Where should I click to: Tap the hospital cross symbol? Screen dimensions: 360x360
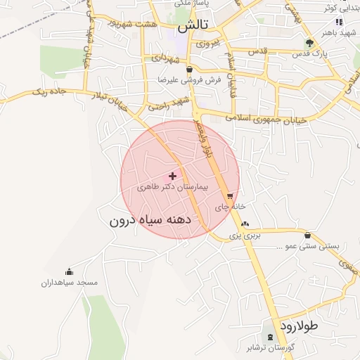pyautogui.click(x=173, y=175)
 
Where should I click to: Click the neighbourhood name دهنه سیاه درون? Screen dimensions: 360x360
pyautogui.click(x=160, y=220)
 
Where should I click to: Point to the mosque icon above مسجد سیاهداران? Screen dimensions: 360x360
pyautogui.click(x=69, y=272)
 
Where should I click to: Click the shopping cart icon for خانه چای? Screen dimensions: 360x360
pyautogui.click(x=230, y=196)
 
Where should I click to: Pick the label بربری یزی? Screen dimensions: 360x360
pyautogui.click(x=247, y=236)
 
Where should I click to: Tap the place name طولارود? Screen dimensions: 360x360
pyautogui.click(x=299, y=326)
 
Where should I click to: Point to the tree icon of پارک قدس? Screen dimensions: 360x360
pyautogui.click(x=310, y=44)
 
